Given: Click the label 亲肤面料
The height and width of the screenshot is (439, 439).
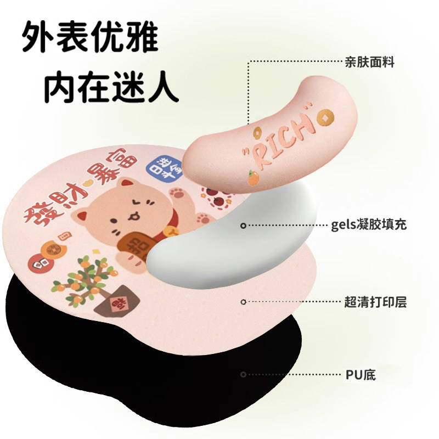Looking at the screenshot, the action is click(370, 63).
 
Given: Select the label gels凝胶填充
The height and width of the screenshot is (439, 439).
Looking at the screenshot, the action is click(369, 224).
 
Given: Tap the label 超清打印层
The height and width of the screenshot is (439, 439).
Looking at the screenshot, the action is click(375, 301).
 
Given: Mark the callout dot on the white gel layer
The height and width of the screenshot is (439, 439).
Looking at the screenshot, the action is click(244, 225).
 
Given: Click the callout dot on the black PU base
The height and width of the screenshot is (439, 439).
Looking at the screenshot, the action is click(243, 375).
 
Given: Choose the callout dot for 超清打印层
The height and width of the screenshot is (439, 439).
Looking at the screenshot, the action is click(244, 301).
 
